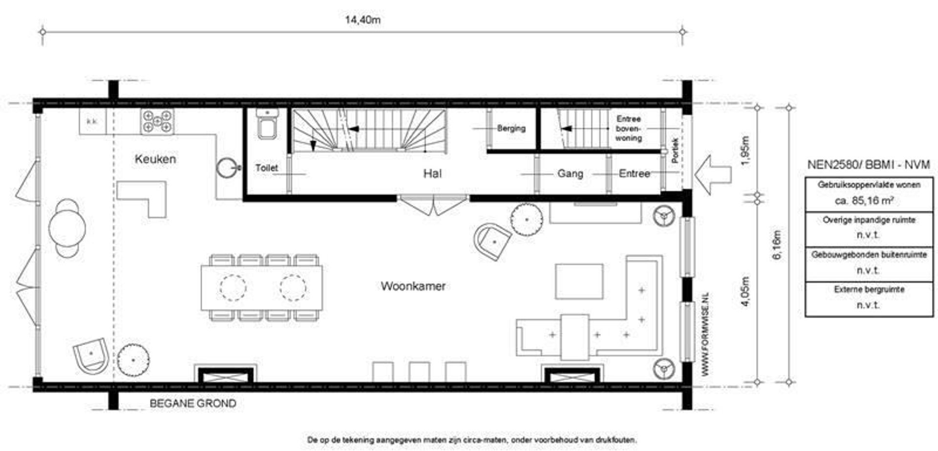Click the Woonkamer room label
(413, 286)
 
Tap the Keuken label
(155, 159)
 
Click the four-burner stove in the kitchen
(157, 122)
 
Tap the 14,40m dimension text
(362, 20)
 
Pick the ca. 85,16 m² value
(869, 201)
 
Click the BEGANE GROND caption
(192, 404)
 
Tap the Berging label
(511, 128)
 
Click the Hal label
(432, 174)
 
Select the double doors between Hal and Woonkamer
(433, 205)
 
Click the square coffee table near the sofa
(579, 282)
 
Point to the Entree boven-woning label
(628, 128)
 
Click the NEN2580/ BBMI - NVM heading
(868, 165)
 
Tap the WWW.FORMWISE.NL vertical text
(705, 334)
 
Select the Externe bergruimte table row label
(869, 289)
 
